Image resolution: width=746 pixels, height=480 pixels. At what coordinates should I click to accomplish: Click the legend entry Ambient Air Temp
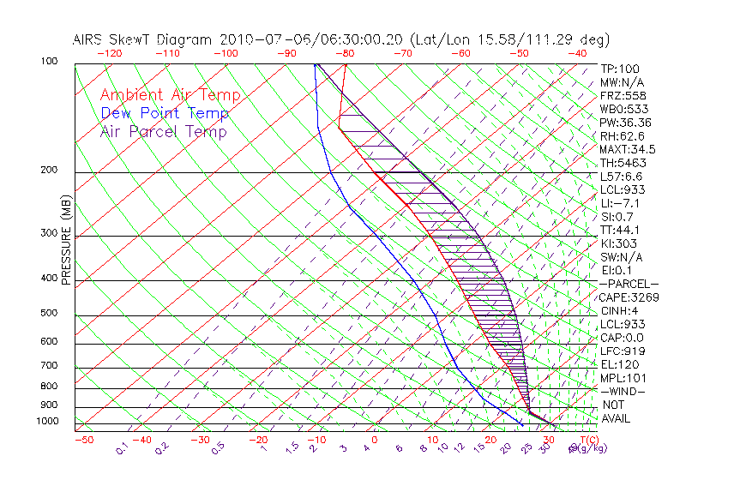pos(170,95)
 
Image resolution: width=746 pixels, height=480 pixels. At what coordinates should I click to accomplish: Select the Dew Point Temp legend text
pos(165,113)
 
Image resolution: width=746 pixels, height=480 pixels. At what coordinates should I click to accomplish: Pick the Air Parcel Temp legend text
pos(163,131)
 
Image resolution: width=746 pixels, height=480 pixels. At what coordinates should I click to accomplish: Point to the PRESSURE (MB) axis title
pos(66,241)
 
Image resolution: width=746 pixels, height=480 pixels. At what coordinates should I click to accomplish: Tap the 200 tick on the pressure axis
pos(49,171)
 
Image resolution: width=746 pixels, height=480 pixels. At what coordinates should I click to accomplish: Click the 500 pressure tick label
pos(49,314)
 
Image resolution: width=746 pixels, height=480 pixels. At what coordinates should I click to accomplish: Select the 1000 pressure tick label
pos(46,422)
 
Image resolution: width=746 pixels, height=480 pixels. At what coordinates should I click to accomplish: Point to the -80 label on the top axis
pos(345,53)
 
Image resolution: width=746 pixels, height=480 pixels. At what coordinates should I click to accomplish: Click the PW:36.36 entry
pos(625,123)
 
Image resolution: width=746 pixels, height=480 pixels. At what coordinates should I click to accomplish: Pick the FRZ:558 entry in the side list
pos(622,96)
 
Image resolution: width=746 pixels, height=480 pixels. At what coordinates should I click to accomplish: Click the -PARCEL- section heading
pos(629,284)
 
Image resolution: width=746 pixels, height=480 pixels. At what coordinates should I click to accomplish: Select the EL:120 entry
pos(618,364)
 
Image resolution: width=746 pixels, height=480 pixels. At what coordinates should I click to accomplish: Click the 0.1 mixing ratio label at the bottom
pos(122,447)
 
